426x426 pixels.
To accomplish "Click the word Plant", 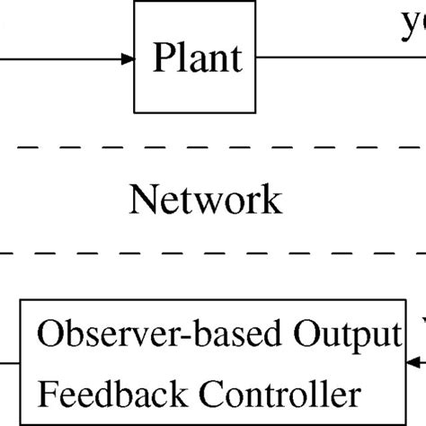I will pos(198,58).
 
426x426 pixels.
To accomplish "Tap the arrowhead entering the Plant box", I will pos(128,59).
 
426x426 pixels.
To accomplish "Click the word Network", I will pos(205,200).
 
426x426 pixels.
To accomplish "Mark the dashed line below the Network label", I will pos(213,254).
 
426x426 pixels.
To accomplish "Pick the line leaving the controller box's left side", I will pos(10,362).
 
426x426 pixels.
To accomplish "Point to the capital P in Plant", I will pos(161,58).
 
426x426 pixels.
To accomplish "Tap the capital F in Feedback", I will pos(46,393).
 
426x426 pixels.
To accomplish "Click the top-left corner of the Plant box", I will pos(136,2).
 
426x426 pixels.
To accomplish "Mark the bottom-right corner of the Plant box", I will pos(261,112).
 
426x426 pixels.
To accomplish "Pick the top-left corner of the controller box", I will pos(22,304).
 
